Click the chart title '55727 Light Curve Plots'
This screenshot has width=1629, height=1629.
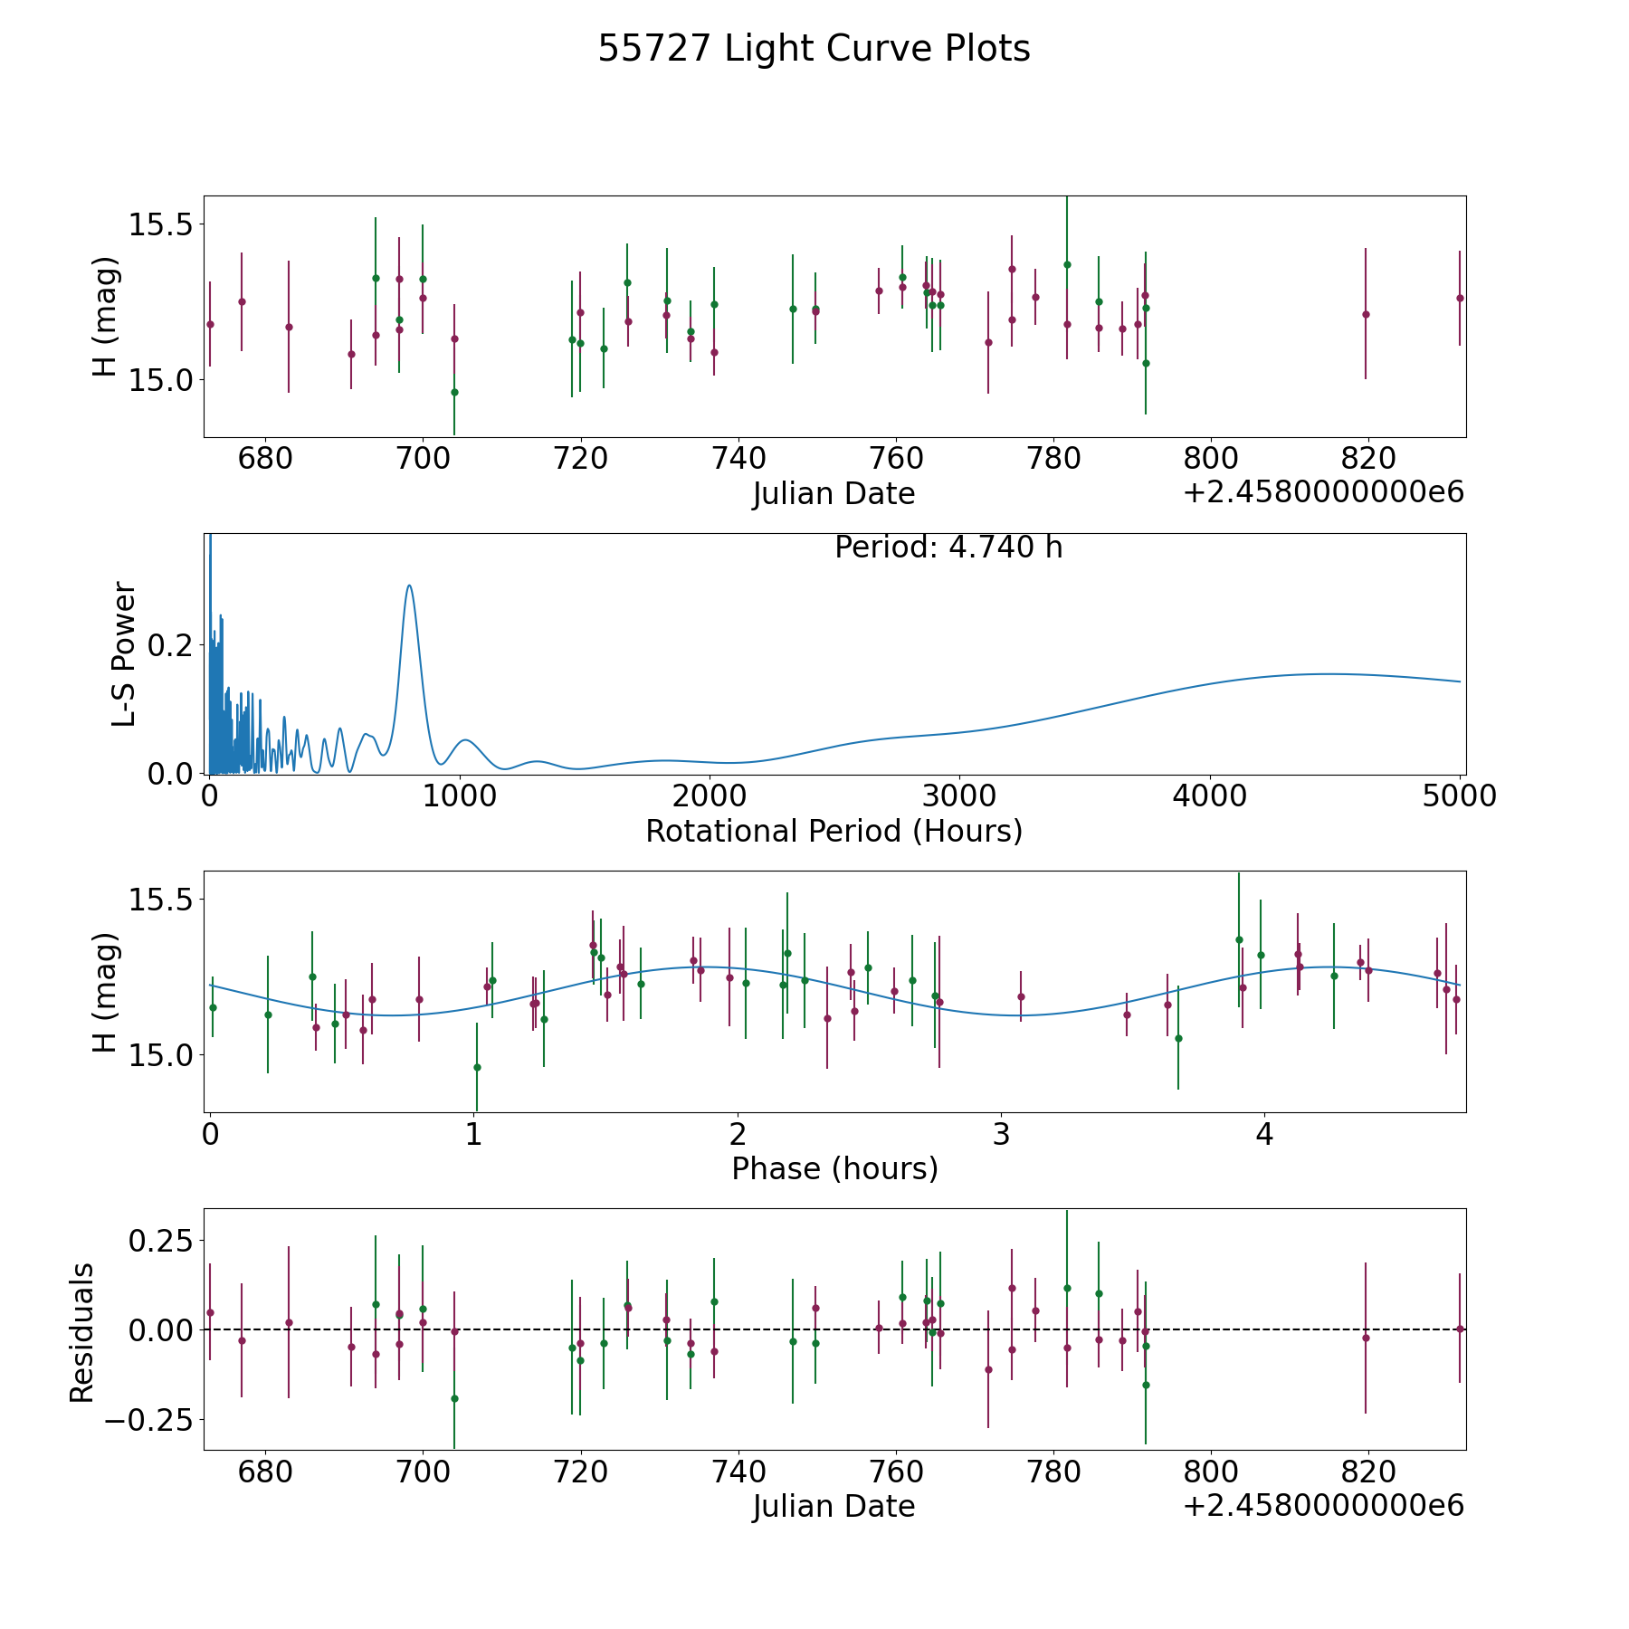(814, 49)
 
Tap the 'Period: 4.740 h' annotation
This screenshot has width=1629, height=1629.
(948, 548)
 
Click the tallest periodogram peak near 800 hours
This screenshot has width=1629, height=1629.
(410, 586)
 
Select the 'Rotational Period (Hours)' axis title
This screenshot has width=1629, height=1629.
(834, 831)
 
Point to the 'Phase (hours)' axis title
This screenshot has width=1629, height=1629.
(834, 1168)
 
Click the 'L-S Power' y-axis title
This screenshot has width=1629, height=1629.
(124, 653)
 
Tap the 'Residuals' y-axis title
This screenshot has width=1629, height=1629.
(82, 1332)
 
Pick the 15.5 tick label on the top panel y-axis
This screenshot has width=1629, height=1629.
(159, 224)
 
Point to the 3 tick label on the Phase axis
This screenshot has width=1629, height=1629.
(1001, 1134)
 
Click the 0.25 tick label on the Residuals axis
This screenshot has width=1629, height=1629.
(159, 1239)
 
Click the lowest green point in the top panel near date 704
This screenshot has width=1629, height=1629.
(454, 392)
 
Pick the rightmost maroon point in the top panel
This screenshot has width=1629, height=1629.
(1460, 298)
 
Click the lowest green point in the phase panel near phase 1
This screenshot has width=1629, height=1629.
(477, 1067)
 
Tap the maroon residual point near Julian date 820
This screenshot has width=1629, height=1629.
(1366, 1338)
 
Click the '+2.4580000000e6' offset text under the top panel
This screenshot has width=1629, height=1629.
(1323, 492)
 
